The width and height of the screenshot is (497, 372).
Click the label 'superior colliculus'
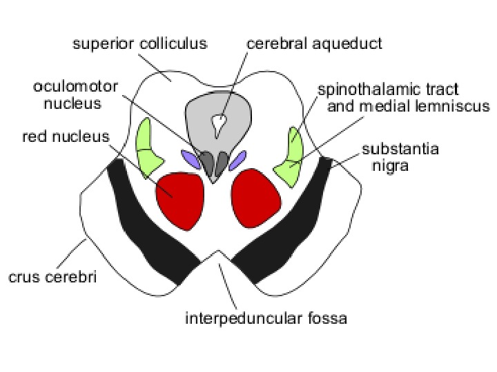pyautogui.click(x=140, y=44)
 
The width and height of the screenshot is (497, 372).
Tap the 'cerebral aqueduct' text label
pyautogui.click(x=314, y=44)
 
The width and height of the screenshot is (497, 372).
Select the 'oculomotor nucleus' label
pyautogui.click(x=76, y=95)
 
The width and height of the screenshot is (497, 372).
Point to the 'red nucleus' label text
pyautogui.click(x=66, y=136)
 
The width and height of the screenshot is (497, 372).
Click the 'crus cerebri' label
pyautogui.click(x=52, y=278)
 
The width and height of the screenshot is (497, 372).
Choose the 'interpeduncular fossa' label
pyautogui.click(x=265, y=318)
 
